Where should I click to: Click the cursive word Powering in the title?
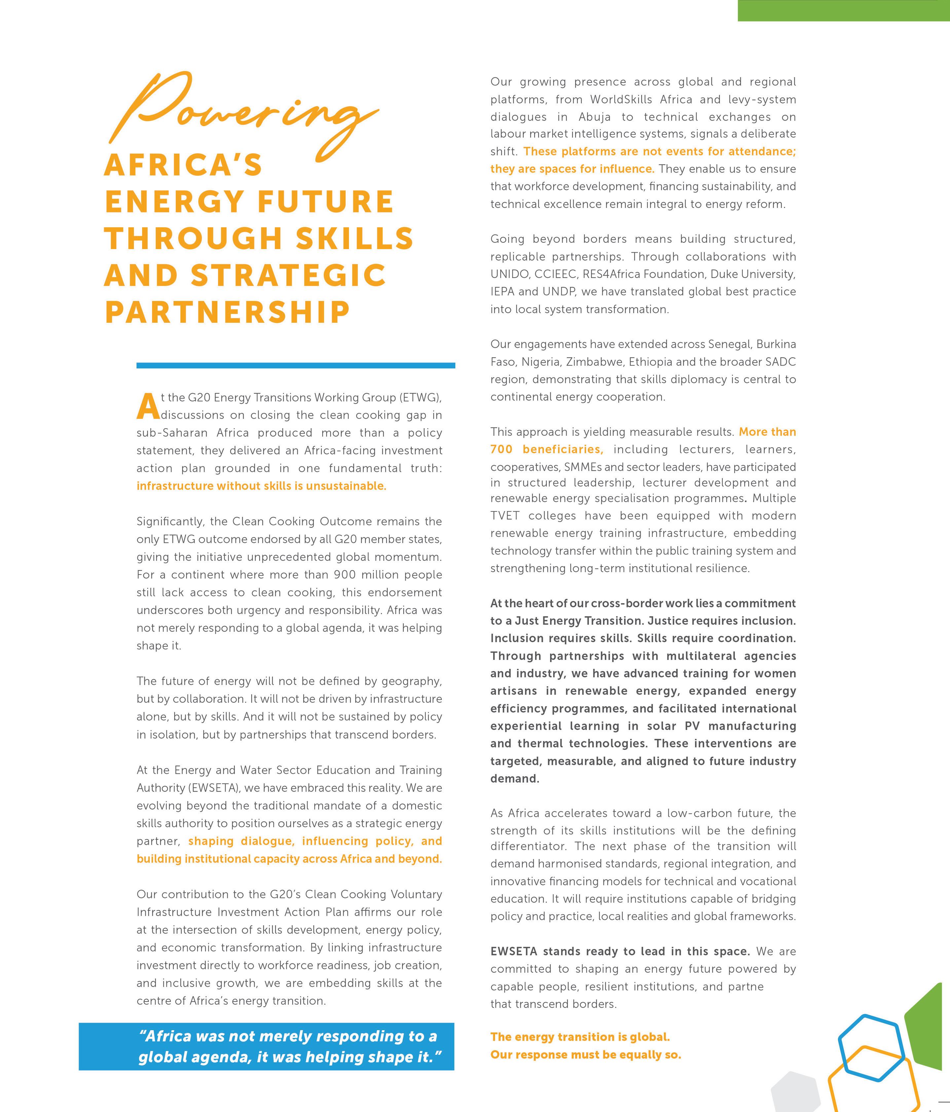[242, 113]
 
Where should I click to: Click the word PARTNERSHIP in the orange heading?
[227, 312]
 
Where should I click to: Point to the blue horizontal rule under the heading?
[296, 365]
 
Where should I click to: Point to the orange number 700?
[501, 449]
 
